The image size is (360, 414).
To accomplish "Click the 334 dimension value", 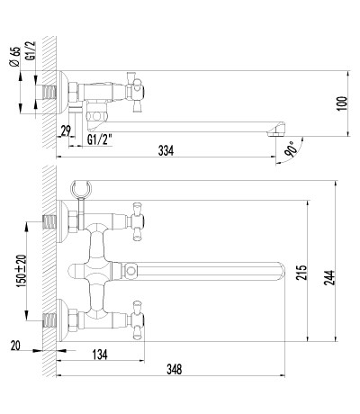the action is tap(166, 150).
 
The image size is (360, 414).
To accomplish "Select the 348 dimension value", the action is tap(174, 369).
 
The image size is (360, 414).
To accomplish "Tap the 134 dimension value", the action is tap(100, 355).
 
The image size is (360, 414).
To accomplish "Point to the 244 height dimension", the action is tap(329, 277).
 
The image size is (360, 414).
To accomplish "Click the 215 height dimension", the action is tap(301, 272).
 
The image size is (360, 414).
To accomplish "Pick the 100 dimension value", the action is tap(342, 103).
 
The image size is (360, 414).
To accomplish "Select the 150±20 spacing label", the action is tap(22, 271).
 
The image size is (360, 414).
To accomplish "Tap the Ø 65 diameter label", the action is tap(14, 57).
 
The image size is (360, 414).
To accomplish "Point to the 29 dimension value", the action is tap(66, 130).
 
